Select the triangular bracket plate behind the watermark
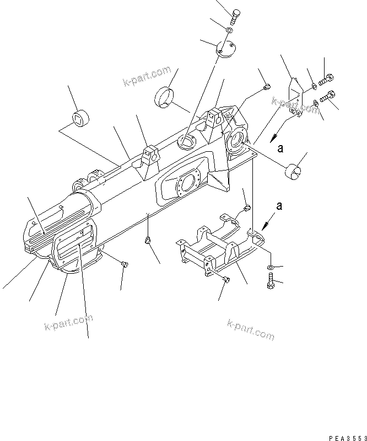(296, 95)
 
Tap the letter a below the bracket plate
(281, 148)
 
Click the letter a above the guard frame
(279, 206)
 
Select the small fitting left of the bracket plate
(267, 86)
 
